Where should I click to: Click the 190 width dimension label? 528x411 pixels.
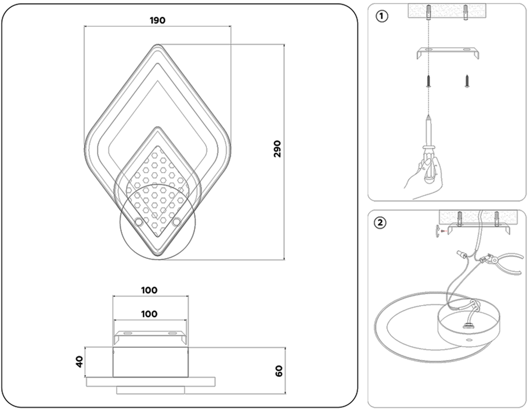tap(158, 20)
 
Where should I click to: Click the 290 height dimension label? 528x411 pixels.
tap(277, 149)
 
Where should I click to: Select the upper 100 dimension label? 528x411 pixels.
tap(149, 290)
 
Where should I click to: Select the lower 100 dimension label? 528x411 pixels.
tap(149, 314)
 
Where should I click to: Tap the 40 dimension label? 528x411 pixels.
tap(79, 362)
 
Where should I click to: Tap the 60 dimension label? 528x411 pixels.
tap(279, 371)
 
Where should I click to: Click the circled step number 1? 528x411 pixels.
tap(382, 16)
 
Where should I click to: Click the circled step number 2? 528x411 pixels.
tap(380, 223)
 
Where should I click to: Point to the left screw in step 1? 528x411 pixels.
tap(429, 81)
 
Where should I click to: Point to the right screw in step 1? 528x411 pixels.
tap(467, 81)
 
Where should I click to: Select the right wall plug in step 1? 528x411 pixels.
tap(466, 12)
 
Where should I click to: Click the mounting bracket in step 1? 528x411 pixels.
tap(448, 53)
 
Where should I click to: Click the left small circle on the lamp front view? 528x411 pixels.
tap(139, 222)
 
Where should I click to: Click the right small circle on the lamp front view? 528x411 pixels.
tap(177, 222)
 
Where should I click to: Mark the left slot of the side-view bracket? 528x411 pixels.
tap(128, 333)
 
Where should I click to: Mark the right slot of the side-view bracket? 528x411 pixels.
tap(173, 333)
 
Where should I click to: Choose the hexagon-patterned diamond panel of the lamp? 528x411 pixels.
tap(158, 191)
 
